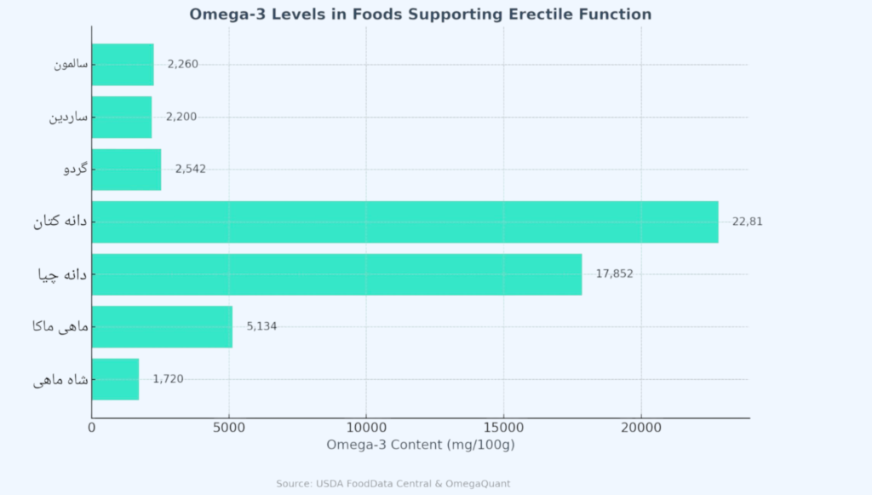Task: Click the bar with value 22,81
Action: pyautogui.click(x=404, y=222)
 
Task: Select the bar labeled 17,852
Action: pyautogui.click(x=336, y=274)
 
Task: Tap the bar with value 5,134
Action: pyautogui.click(x=162, y=326)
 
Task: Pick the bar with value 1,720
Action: pyautogui.click(x=115, y=379)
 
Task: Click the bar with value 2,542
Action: pyautogui.click(x=126, y=170)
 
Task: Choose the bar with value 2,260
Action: pyautogui.click(x=123, y=64)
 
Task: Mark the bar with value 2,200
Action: pyautogui.click(x=122, y=117)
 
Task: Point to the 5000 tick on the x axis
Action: pyautogui.click(x=229, y=428)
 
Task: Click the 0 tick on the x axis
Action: pyautogui.click(x=92, y=428)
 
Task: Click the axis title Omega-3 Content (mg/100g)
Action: pyautogui.click(x=421, y=445)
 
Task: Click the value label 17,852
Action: pyautogui.click(x=614, y=274)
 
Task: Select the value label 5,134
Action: pyautogui.click(x=261, y=326)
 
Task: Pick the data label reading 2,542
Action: pyautogui.click(x=190, y=170)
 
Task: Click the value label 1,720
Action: pyautogui.click(x=168, y=379)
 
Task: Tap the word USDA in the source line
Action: pyautogui.click(x=330, y=484)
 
